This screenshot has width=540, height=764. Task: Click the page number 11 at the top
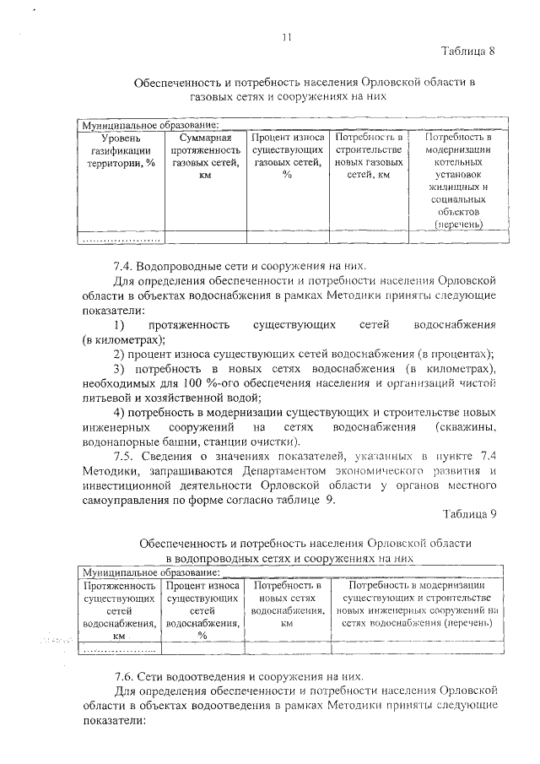(286, 36)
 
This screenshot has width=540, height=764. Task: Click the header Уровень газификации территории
(121, 150)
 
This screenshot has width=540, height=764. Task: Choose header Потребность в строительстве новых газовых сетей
(369, 156)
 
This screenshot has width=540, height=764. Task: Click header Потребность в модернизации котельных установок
(459, 181)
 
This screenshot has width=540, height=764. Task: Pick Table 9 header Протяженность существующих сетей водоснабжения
(120, 610)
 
